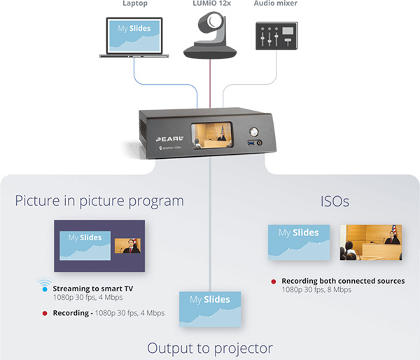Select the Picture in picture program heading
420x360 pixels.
(x=99, y=202)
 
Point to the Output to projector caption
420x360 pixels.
(x=209, y=348)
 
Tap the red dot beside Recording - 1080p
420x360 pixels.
(x=43, y=313)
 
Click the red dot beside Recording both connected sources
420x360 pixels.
(x=273, y=282)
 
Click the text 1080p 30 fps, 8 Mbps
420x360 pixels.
(x=317, y=289)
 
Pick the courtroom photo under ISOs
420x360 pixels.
(x=370, y=242)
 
